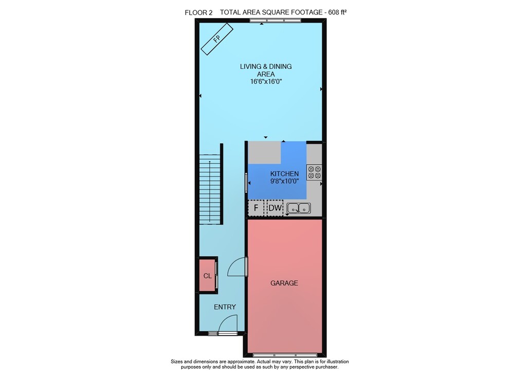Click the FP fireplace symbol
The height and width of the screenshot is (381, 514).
(x=217, y=39)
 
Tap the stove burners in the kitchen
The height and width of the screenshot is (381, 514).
(x=315, y=172)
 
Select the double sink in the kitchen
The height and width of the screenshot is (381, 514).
(x=299, y=208)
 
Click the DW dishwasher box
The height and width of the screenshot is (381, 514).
(x=275, y=208)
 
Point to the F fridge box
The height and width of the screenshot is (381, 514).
(x=256, y=208)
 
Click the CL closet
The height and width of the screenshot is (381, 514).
(x=208, y=276)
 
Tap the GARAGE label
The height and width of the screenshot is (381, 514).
(x=284, y=283)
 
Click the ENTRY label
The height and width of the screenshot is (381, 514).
(x=225, y=307)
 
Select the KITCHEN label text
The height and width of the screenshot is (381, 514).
(x=285, y=174)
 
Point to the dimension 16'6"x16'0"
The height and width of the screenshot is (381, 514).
(x=266, y=82)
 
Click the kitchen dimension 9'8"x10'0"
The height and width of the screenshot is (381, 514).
(x=285, y=181)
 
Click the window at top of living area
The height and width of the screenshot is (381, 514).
(x=275, y=21)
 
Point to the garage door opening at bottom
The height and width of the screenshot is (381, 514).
(x=285, y=355)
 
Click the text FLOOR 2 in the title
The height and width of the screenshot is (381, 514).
(x=198, y=13)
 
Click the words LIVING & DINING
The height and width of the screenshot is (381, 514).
(x=266, y=66)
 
